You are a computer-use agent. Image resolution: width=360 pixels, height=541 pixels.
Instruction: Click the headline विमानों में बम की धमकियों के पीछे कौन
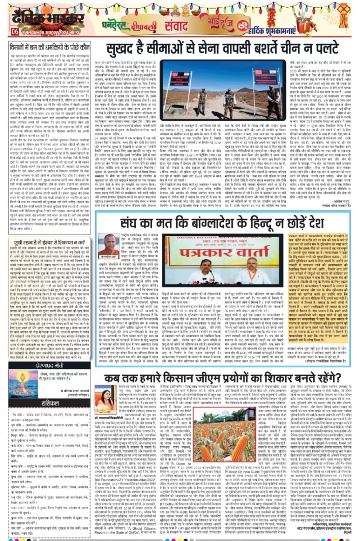pyautogui.click(x=49, y=46)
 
